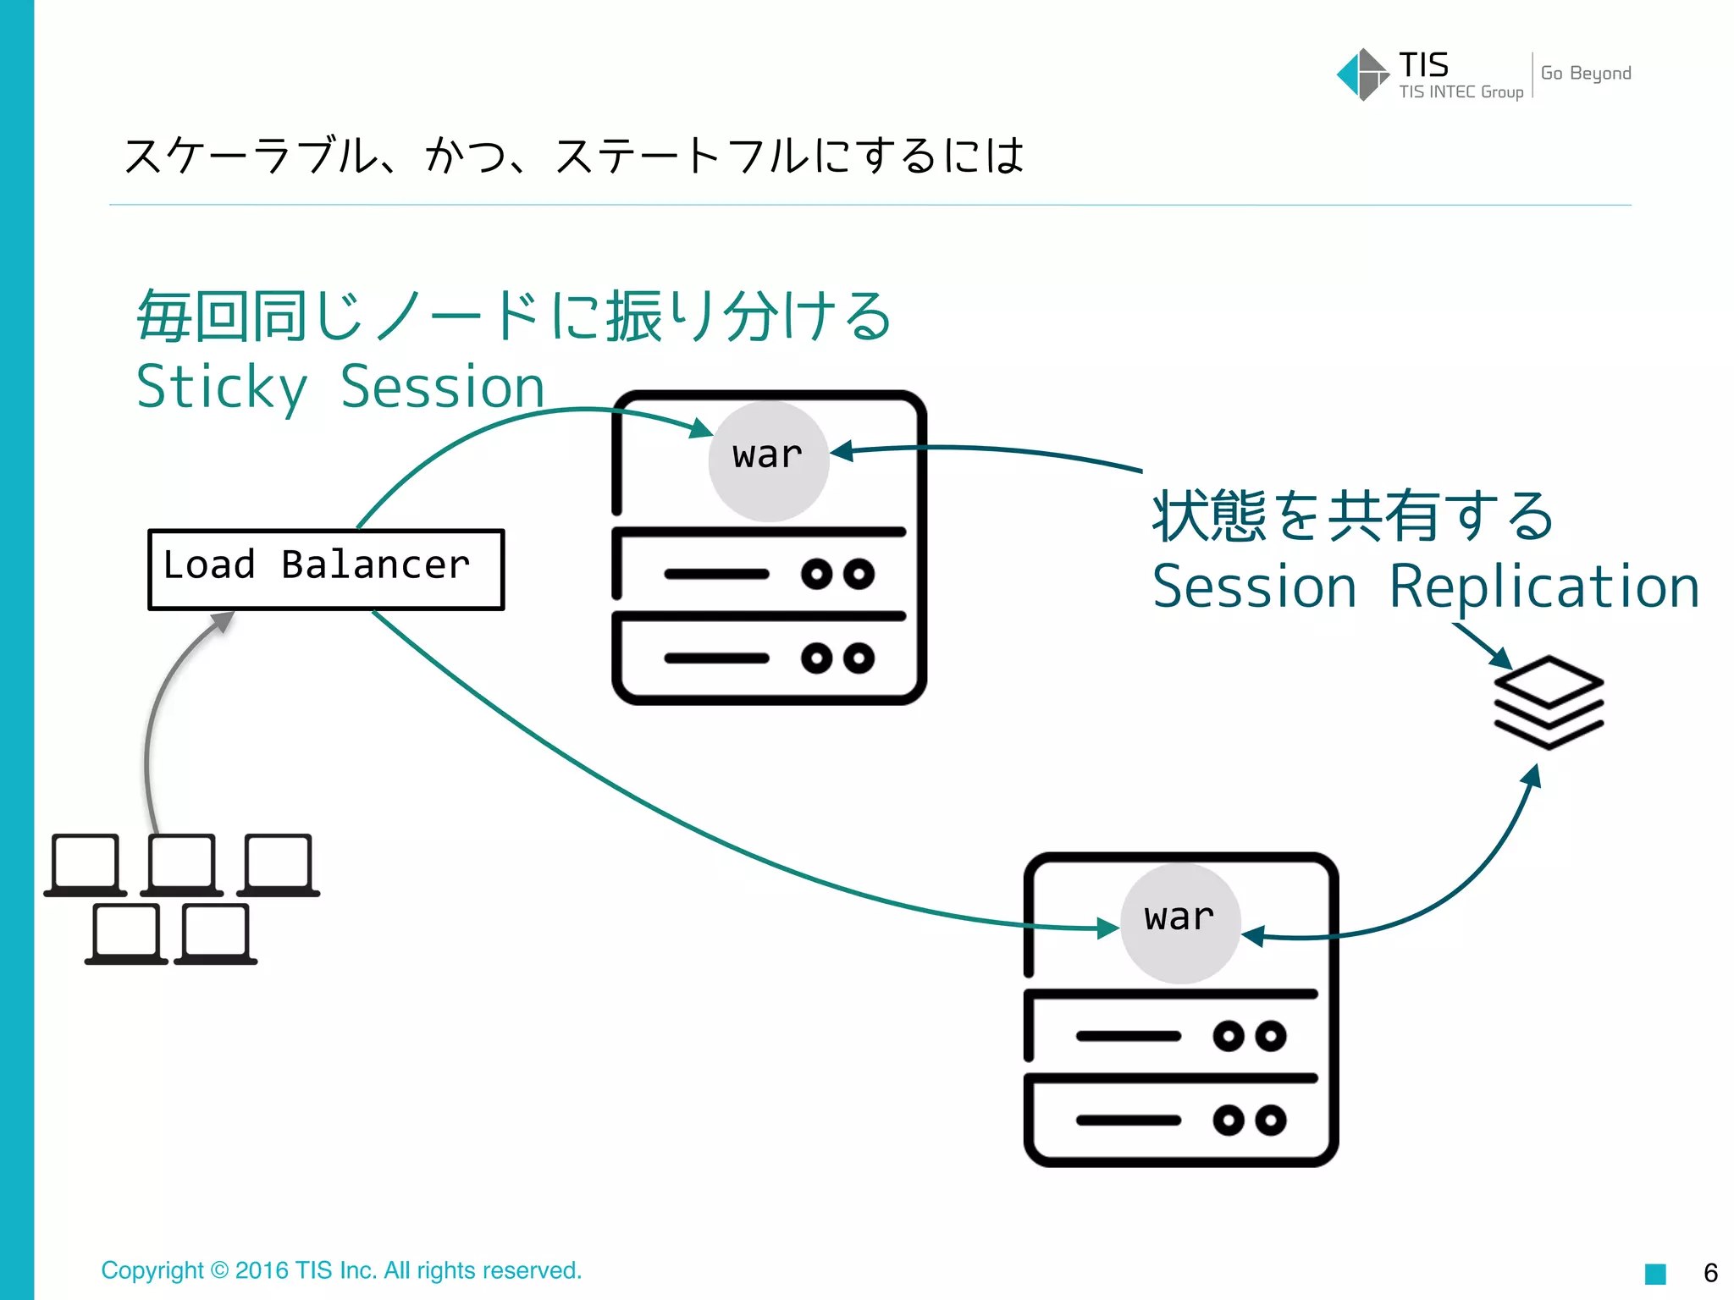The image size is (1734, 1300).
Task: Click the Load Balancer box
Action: pyautogui.click(x=326, y=569)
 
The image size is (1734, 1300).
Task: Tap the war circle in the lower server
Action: pyautogui.click(x=1180, y=922)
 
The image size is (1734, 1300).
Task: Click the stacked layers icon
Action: pyautogui.click(x=1549, y=702)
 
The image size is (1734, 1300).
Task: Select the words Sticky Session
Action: pyautogui.click(x=340, y=388)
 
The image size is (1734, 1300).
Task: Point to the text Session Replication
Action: pyautogui.click(x=1426, y=587)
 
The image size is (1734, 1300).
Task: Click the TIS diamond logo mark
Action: pyautogui.click(x=1362, y=74)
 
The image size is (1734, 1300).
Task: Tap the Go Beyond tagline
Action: pyautogui.click(x=1585, y=74)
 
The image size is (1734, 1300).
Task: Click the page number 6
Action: pyautogui.click(x=1709, y=1273)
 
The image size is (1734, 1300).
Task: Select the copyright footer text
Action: pyautogui.click(x=341, y=1270)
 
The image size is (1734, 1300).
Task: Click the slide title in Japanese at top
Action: pyautogui.click(x=573, y=156)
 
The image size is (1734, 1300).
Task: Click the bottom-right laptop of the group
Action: pyautogui.click(x=216, y=934)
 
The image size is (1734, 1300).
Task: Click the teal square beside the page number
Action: pyautogui.click(x=1655, y=1274)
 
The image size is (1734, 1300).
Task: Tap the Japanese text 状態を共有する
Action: pyautogui.click(x=1352, y=515)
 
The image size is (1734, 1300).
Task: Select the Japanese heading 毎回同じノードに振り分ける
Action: pyautogui.click(x=514, y=316)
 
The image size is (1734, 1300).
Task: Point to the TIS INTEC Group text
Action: pyautogui.click(x=1461, y=92)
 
